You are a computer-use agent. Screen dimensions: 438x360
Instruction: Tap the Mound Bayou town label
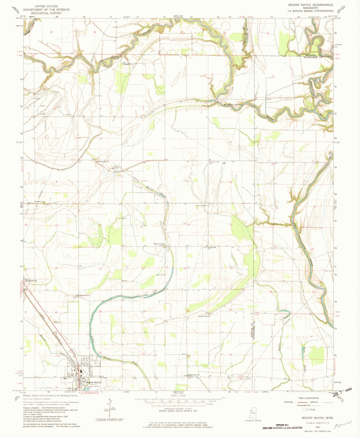94,382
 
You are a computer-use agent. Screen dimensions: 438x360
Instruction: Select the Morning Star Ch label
99,161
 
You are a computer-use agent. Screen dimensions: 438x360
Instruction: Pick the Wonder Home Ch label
194,375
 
